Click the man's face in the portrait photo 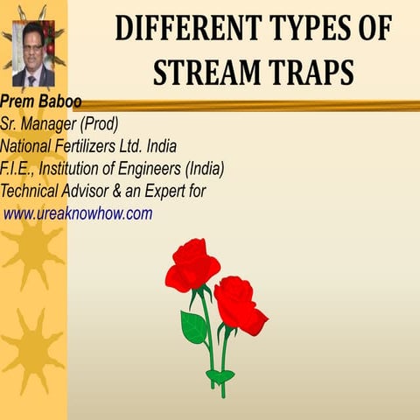pos(32,49)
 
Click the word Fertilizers pos(95,145)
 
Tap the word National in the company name pos(29,145)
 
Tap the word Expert pos(177,191)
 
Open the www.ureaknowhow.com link pos(78,213)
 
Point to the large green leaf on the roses pos(192,327)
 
